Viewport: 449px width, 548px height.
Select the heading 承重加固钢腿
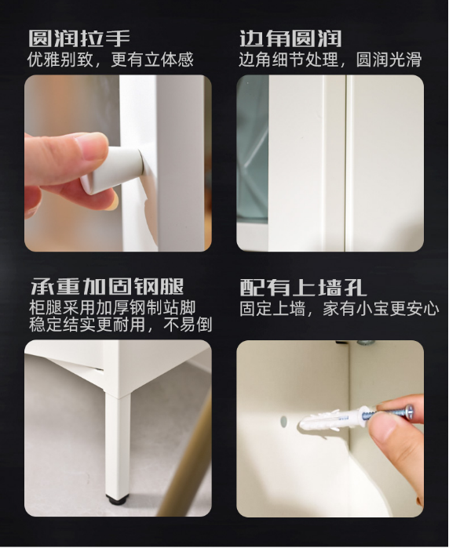click(107, 286)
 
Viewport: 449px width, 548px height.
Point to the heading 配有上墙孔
click(303, 287)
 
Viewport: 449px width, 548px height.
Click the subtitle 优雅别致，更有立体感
click(110, 60)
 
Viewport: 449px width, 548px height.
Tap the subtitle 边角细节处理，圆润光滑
click(330, 60)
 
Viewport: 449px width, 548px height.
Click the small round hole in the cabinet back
click(283, 422)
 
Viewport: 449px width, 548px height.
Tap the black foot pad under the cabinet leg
click(118, 499)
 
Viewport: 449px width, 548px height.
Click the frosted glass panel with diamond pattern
click(253, 149)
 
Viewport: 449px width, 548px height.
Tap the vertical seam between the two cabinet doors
click(345, 157)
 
